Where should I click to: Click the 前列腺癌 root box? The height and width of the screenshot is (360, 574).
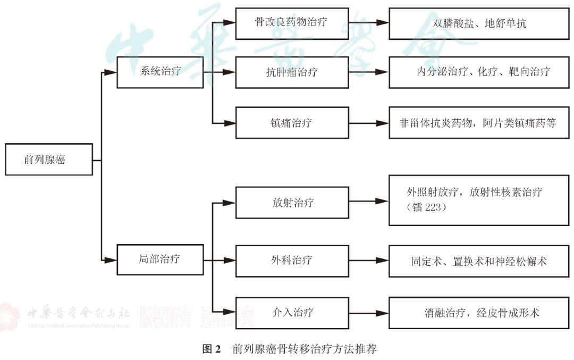tap(49, 160)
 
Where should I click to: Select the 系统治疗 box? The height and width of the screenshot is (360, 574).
tap(160, 71)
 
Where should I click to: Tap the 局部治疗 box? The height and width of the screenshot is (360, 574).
tap(160, 259)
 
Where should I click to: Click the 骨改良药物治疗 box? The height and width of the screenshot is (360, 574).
tap(292, 23)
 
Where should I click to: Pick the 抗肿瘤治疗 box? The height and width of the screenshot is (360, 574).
tap(292, 72)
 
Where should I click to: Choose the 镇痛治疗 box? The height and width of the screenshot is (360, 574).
tap(292, 123)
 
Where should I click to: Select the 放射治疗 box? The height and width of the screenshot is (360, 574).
tap(292, 202)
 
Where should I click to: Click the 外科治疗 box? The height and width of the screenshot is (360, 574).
tap(292, 260)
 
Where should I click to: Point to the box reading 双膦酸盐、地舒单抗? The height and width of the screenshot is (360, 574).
tap(479, 23)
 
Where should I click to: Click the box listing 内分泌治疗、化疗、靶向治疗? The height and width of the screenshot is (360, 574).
tap(479, 72)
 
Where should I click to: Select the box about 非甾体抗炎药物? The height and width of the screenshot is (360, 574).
tap(479, 123)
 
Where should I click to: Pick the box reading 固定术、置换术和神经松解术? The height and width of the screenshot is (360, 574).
tap(479, 261)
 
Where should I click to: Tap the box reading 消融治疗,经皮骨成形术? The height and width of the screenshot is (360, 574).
tap(479, 313)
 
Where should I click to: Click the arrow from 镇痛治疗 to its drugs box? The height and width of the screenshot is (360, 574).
tap(369, 123)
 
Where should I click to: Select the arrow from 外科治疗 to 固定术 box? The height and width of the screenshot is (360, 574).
tap(369, 261)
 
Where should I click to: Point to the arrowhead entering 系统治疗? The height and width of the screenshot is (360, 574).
tap(111, 72)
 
